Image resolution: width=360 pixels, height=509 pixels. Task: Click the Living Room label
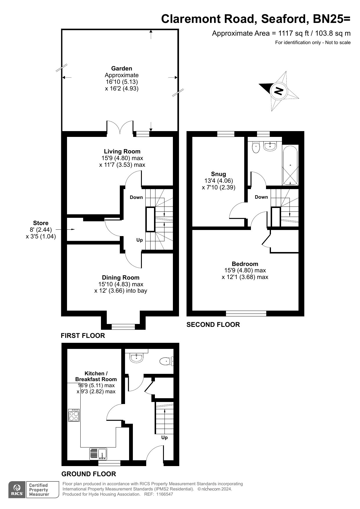pyautogui.click(x=122, y=151)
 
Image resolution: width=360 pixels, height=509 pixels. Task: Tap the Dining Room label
pyautogui.click(x=121, y=278)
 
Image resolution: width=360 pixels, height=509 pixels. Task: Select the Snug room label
pyautogui.click(x=218, y=174)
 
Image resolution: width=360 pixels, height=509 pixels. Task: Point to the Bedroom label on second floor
pyautogui.click(x=245, y=264)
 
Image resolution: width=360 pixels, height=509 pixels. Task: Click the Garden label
pyautogui.click(x=122, y=68)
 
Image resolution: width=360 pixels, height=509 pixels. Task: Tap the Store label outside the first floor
pyautogui.click(x=41, y=223)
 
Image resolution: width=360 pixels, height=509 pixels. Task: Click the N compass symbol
pyautogui.click(x=279, y=91)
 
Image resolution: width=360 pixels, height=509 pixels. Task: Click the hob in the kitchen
pyautogui.click(x=74, y=415)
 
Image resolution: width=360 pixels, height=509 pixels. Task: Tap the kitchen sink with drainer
pyautogui.click(x=98, y=454)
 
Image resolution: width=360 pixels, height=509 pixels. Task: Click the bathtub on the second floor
pyautogui.click(x=290, y=165)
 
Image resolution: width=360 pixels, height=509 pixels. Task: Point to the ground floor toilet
pyautogui.click(x=166, y=361)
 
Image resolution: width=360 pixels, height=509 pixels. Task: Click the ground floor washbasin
pyautogui.click(x=136, y=358)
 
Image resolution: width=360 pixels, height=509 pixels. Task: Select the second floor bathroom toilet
pyautogui.click(x=256, y=147)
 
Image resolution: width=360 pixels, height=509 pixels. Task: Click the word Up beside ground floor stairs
pyautogui.click(x=164, y=437)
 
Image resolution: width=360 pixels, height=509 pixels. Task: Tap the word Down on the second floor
pyautogui.click(x=261, y=197)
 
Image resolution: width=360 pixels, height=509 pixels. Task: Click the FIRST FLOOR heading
pyautogui.click(x=83, y=336)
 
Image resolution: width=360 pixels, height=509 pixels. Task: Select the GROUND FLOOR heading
pyautogui.click(x=88, y=474)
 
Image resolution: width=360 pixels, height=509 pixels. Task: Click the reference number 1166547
pyautogui.click(x=164, y=494)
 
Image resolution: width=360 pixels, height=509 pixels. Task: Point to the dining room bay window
pyautogui.click(x=123, y=327)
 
